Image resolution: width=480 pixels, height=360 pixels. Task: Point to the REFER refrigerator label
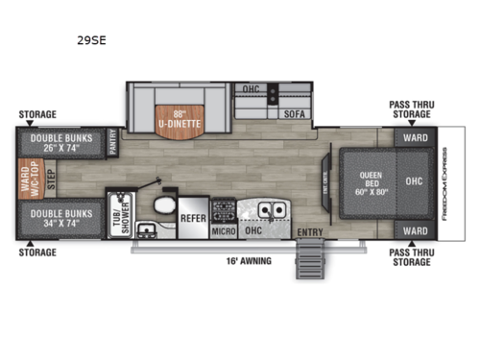pyautogui.click(x=193, y=218)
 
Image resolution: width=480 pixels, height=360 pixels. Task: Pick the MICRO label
pyautogui.click(x=224, y=231)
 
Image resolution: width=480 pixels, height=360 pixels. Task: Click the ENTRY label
pyautogui.click(x=309, y=232)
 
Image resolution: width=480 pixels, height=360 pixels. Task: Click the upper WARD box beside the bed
pyautogui.click(x=414, y=136)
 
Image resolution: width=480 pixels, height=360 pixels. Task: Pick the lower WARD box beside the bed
pyautogui.click(x=414, y=230)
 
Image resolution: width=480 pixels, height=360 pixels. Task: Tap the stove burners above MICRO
pyautogui.click(x=224, y=207)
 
